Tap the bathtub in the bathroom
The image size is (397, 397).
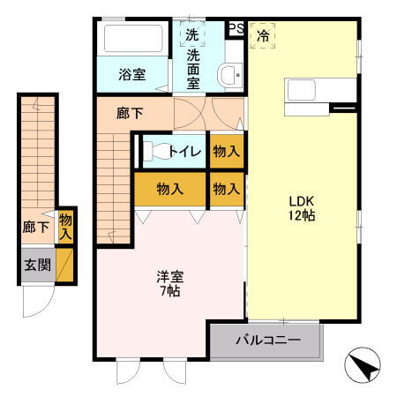(135, 41)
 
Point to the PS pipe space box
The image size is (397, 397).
(236, 28)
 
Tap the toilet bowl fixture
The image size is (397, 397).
(154, 151)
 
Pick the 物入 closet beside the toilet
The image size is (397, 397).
(226, 151)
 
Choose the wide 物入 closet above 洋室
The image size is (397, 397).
(169, 188)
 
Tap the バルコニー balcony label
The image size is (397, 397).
(266, 340)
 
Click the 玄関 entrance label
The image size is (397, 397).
(37, 265)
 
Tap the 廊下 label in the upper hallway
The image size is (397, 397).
(130, 113)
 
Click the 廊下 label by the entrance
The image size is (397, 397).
(35, 228)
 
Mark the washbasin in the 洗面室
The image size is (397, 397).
(230, 74)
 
